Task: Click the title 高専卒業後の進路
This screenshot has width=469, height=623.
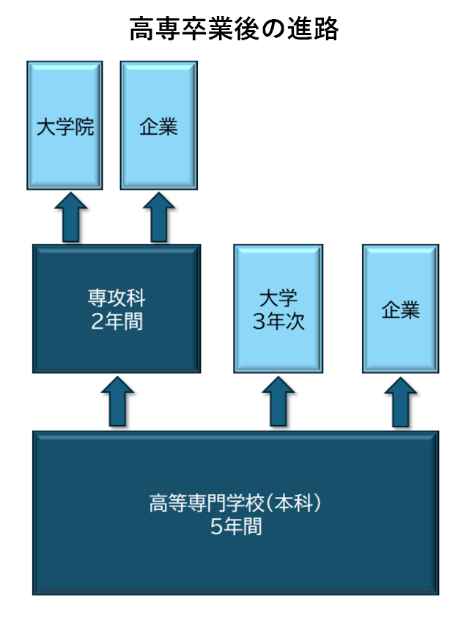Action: pyautogui.click(x=234, y=29)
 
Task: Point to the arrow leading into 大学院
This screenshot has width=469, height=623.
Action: pyautogui.click(x=70, y=218)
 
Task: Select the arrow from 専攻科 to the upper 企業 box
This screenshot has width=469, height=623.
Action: pyautogui.click(x=159, y=218)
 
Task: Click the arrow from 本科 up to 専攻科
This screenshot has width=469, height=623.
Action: pyautogui.click(x=117, y=402)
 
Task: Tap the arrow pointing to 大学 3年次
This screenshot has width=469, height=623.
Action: pyautogui.click(x=278, y=402)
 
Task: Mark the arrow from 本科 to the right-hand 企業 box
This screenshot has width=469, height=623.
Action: pyautogui.click(x=400, y=402)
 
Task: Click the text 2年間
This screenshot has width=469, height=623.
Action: pyautogui.click(x=117, y=321)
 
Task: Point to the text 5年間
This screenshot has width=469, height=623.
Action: pyautogui.click(x=235, y=526)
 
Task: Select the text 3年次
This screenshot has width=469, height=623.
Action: pyautogui.click(x=278, y=321)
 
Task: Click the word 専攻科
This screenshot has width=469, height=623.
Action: pyautogui.click(x=117, y=300)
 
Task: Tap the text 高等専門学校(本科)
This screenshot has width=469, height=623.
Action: pyautogui.click(x=235, y=504)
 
